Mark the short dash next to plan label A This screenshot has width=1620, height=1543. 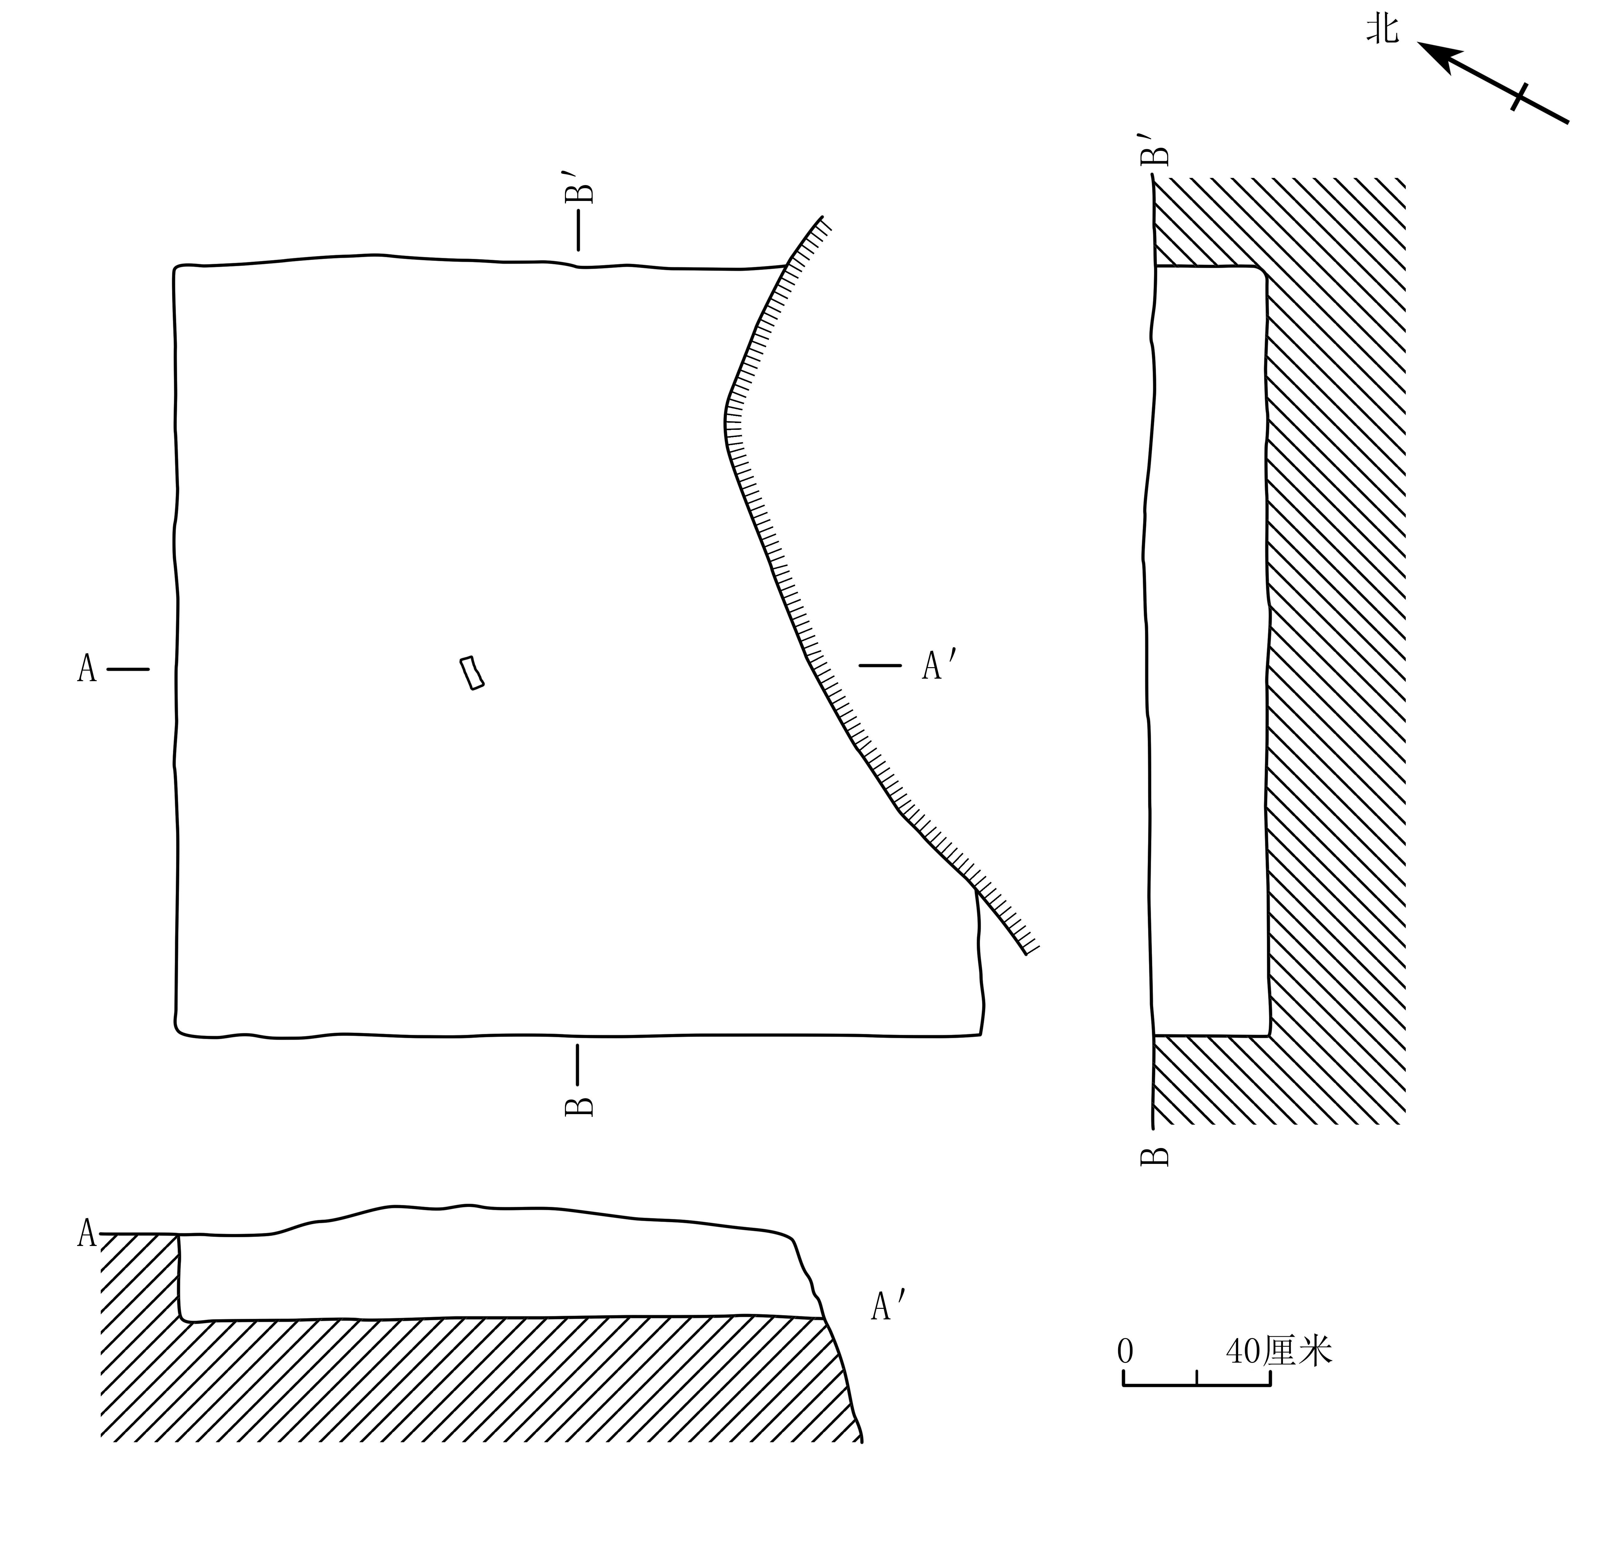(x=128, y=669)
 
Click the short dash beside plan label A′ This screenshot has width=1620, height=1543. (x=880, y=665)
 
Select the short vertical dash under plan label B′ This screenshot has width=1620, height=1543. (x=578, y=230)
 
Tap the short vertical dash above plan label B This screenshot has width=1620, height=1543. (x=577, y=1064)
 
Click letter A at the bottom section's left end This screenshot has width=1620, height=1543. (x=86, y=1233)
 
